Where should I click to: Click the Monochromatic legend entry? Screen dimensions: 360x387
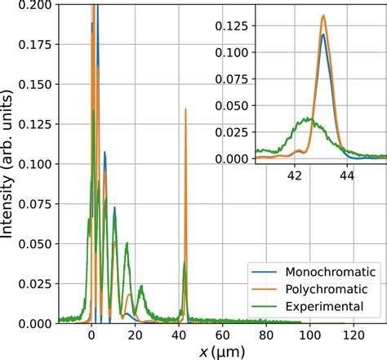(x=330, y=272)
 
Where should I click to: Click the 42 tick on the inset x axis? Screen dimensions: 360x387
(x=296, y=174)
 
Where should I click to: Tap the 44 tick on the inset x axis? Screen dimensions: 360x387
(x=347, y=174)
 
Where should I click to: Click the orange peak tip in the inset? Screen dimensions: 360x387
(x=324, y=16)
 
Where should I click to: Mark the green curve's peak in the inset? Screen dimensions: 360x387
(x=306, y=118)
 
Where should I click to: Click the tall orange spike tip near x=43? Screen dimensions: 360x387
(x=185, y=109)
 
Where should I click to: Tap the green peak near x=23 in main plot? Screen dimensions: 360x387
(x=142, y=287)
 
